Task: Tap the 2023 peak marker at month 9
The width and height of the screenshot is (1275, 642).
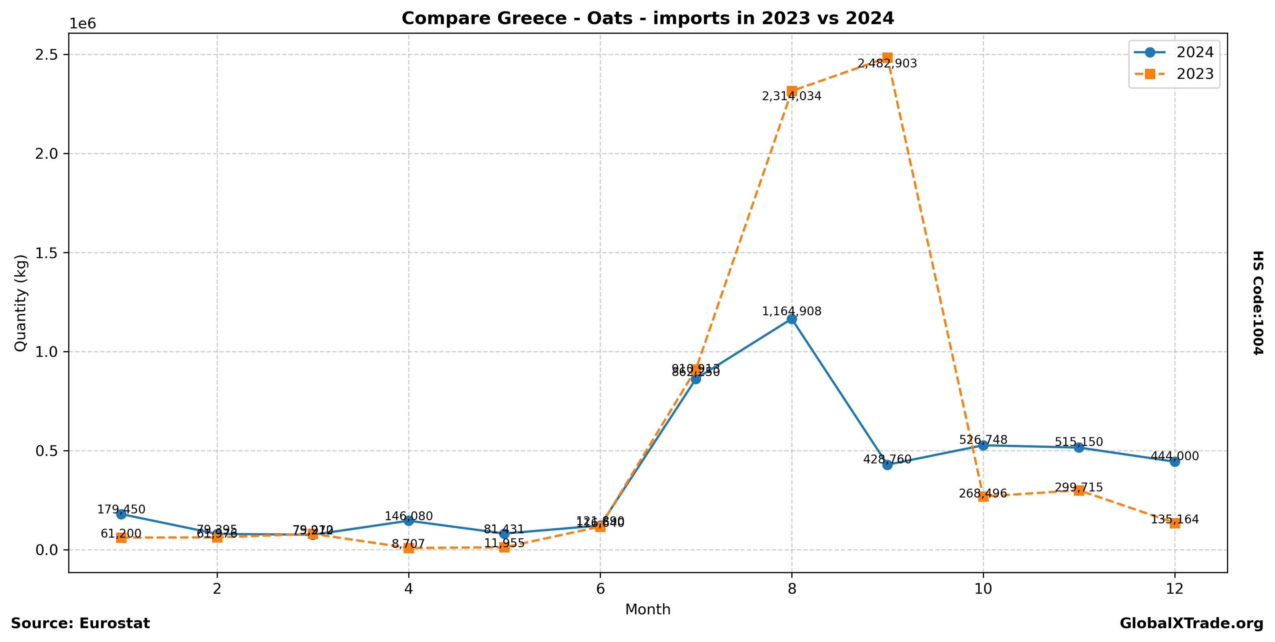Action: [x=888, y=58]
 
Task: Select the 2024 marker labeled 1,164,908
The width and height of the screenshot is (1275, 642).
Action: [x=791, y=319]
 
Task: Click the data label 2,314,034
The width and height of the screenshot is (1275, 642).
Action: [x=791, y=96]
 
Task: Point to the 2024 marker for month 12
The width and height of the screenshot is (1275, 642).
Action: [x=1175, y=461]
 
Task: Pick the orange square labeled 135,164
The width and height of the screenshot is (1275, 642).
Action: [x=1175, y=523]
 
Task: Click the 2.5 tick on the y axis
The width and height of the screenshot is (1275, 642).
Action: [x=47, y=54]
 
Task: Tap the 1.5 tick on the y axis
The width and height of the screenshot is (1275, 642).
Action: [x=47, y=253]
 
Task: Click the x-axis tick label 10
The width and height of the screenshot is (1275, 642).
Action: [x=983, y=589]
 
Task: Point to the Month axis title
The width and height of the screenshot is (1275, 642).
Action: [x=648, y=609]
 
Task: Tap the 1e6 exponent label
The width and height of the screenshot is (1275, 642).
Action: [x=82, y=24]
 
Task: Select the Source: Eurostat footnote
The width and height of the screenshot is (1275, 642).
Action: [x=80, y=623]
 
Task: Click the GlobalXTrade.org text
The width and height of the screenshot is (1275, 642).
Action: [x=1191, y=623]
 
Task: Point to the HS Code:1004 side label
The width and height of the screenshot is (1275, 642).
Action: [x=1258, y=303]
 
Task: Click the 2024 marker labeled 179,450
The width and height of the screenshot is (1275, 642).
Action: [x=121, y=515]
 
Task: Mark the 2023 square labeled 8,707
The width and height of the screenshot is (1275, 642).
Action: [x=408, y=548]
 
